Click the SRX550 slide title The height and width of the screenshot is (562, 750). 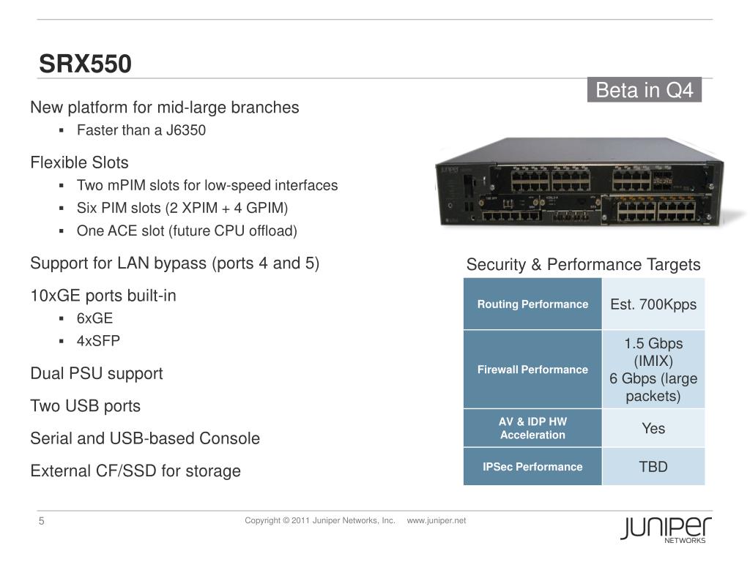click(85, 64)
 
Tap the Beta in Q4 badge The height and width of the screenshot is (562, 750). click(644, 90)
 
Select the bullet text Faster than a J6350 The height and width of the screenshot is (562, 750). click(141, 130)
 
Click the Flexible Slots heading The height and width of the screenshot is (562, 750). click(79, 162)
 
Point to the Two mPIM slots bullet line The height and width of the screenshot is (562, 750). click(207, 185)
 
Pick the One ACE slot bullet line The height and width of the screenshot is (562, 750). click(187, 231)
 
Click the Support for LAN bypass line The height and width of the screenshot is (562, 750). click(174, 263)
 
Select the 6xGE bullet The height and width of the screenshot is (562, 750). click(94, 318)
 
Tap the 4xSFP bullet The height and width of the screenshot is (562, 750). click(98, 341)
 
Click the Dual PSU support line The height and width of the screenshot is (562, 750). click(96, 373)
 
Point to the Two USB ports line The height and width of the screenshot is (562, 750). click(85, 405)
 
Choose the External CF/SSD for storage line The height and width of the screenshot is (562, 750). click(135, 471)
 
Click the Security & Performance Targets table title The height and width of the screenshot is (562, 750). click(583, 265)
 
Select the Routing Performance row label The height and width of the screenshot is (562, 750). click(532, 304)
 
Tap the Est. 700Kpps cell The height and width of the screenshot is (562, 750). click(653, 304)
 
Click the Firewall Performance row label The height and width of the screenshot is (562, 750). click(532, 370)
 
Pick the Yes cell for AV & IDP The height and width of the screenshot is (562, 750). click(653, 428)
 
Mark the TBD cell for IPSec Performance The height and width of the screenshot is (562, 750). click(653, 466)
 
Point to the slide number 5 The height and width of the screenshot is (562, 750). click(42, 521)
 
